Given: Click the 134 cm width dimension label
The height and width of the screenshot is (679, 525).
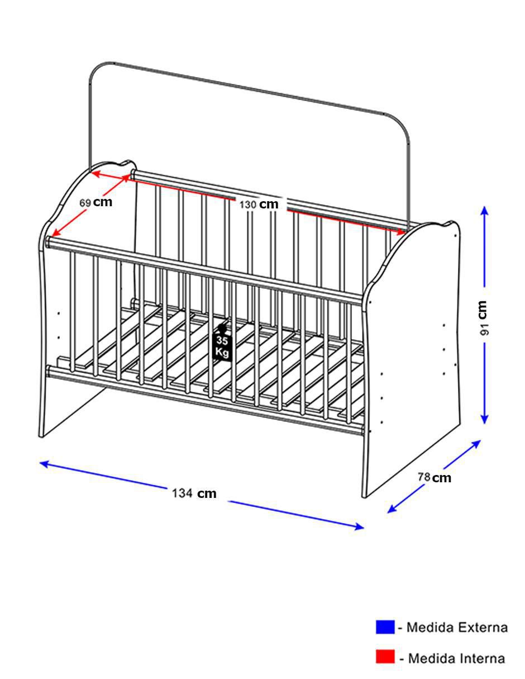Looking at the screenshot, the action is click(194, 493).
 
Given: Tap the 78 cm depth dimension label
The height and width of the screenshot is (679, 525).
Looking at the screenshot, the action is click(434, 477).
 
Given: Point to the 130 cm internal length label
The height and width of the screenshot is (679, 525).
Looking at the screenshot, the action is click(259, 205).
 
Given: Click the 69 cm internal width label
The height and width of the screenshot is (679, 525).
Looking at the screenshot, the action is click(96, 202).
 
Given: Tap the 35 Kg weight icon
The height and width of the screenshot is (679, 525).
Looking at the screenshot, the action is click(222, 343).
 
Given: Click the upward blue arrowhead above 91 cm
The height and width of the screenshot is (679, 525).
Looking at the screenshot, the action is click(484, 212).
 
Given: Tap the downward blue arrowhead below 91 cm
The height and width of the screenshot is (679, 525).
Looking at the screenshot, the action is click(484, 417).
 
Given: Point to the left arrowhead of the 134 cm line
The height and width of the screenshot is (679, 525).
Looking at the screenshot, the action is click(45, 463).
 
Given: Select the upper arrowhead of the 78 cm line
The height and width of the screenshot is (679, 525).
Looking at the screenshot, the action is click(475, 444).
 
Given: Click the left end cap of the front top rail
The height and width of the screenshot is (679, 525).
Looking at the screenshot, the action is click(48, 242).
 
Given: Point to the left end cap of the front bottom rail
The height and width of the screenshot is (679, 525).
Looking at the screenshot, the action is click(49, 371).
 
